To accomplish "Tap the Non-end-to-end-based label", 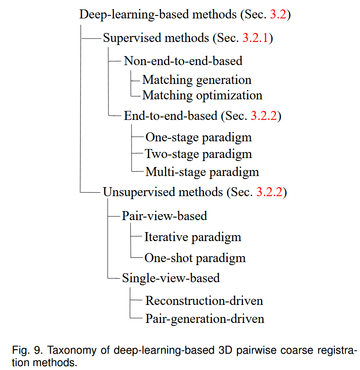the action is click(x=183, y=61).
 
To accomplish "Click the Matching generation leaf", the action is click(x=197, y=80).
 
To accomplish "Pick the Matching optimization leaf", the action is click(x=202, y=95).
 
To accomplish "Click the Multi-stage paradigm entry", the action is click(x=202, y=172).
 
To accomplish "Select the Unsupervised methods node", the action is click(x=163, y=191).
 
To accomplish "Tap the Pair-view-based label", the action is click(x=164, y=215).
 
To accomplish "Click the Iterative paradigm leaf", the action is click(x=192, y=237).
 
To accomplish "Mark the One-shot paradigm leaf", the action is click(x=195, y=258).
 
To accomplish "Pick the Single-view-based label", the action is click(x=171, y=278).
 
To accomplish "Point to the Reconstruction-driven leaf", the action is click(x=204, y=300).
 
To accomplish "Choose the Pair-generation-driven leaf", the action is click(x=205, y=319).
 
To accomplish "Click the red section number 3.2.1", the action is click(x=255, y=38).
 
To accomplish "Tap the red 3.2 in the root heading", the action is click(x=279, y=14).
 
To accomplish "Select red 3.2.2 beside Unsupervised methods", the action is click(x=269, y=191).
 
